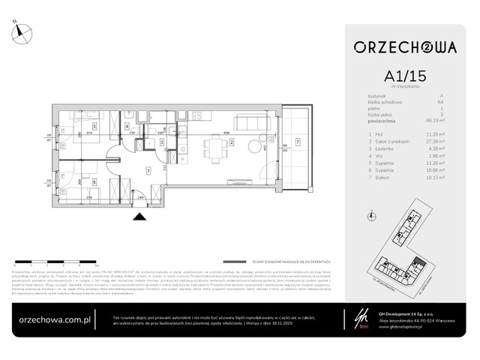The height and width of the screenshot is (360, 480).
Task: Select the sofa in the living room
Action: [249, 122]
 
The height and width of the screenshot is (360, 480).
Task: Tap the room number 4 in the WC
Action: [127, 125]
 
